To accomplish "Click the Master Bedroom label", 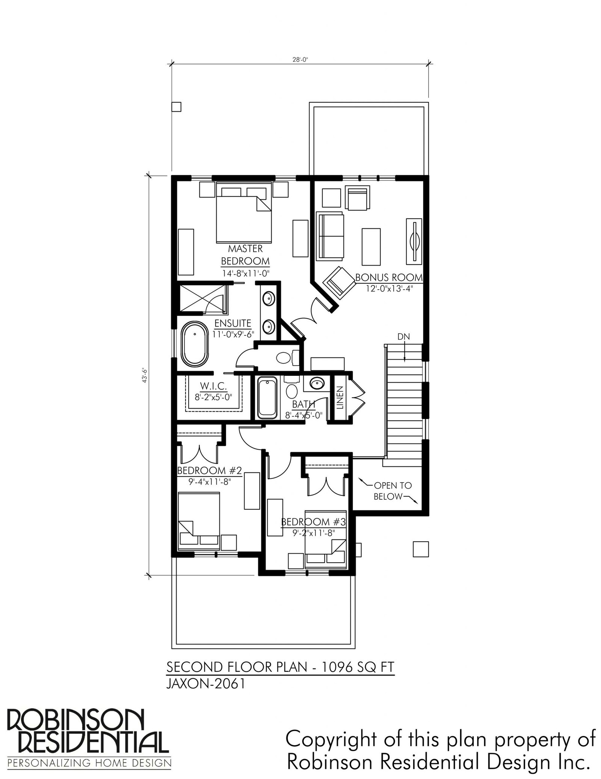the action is (x=245, y=255).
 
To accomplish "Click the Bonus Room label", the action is (x=389, y=278).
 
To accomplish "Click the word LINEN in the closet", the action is (x=340, y=398).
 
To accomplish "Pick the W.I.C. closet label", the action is (x=213, y=386).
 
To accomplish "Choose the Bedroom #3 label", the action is (x=313, y=522).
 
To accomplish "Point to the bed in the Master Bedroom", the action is (x=244, y=213).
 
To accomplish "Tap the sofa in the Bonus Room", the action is (x=330, y=236).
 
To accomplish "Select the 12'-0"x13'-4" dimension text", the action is (x=389, y=289).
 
